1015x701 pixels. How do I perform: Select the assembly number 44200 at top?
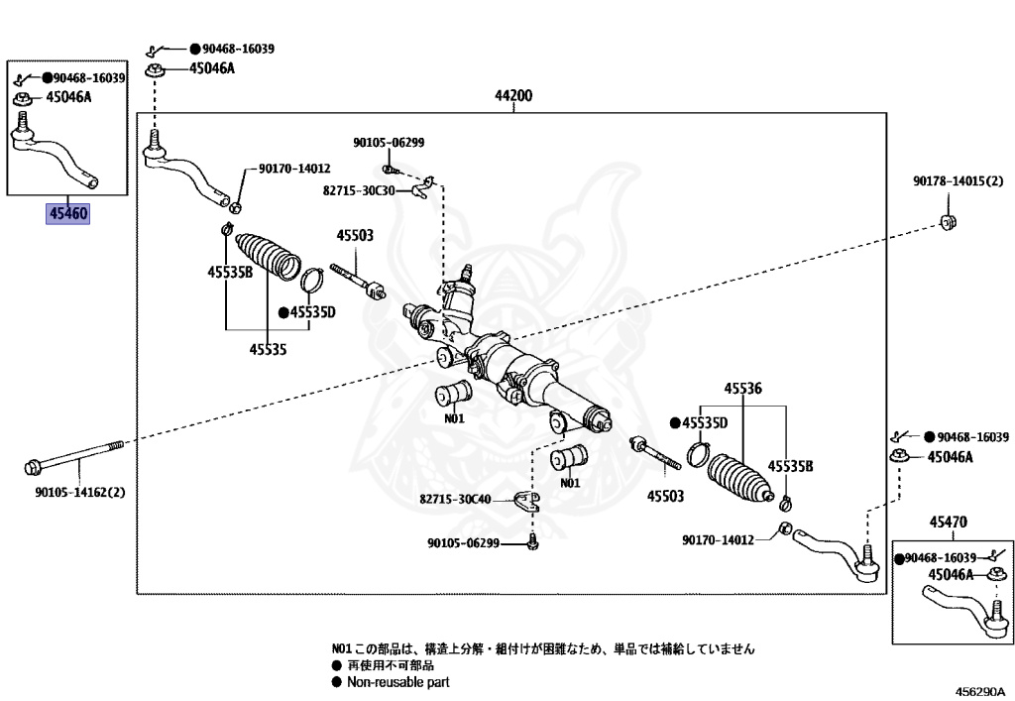pos(514,96)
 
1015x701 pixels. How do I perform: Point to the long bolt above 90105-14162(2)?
pos(75,458)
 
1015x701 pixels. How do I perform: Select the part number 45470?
pos(949,522)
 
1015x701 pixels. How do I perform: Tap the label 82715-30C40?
pos(455,500)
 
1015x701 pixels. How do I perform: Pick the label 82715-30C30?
pos(359,189)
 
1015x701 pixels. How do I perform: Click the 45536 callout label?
pos(742,389)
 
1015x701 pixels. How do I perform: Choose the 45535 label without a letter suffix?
pos(268,349)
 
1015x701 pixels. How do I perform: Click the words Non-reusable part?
pos(397,682)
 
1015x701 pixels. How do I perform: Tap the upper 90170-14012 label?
pos(294,169)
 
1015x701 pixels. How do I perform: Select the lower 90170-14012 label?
pos(719,540)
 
